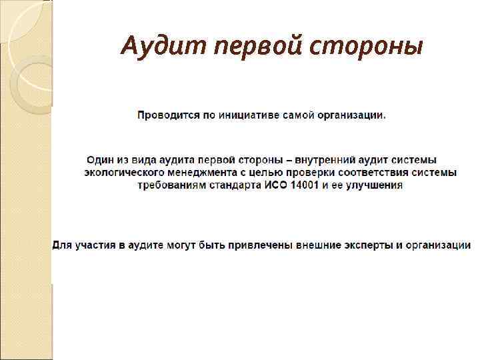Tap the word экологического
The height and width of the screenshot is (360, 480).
[124, 173]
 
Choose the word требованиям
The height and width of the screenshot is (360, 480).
[169, 185]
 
